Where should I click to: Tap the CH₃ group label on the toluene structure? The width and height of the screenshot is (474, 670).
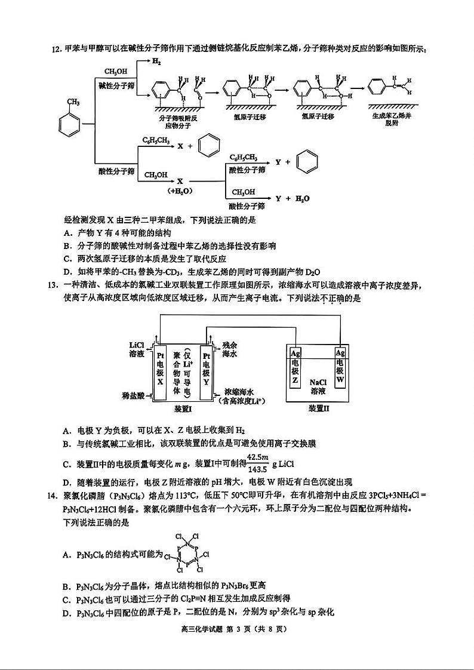[73, 102]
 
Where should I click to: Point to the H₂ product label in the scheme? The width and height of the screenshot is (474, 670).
[156, 62]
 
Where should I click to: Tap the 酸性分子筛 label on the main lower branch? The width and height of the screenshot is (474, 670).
[116, 171]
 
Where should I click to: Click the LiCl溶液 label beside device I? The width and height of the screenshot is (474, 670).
[137, 350]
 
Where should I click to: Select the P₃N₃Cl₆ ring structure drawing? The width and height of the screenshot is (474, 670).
[187, 554]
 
